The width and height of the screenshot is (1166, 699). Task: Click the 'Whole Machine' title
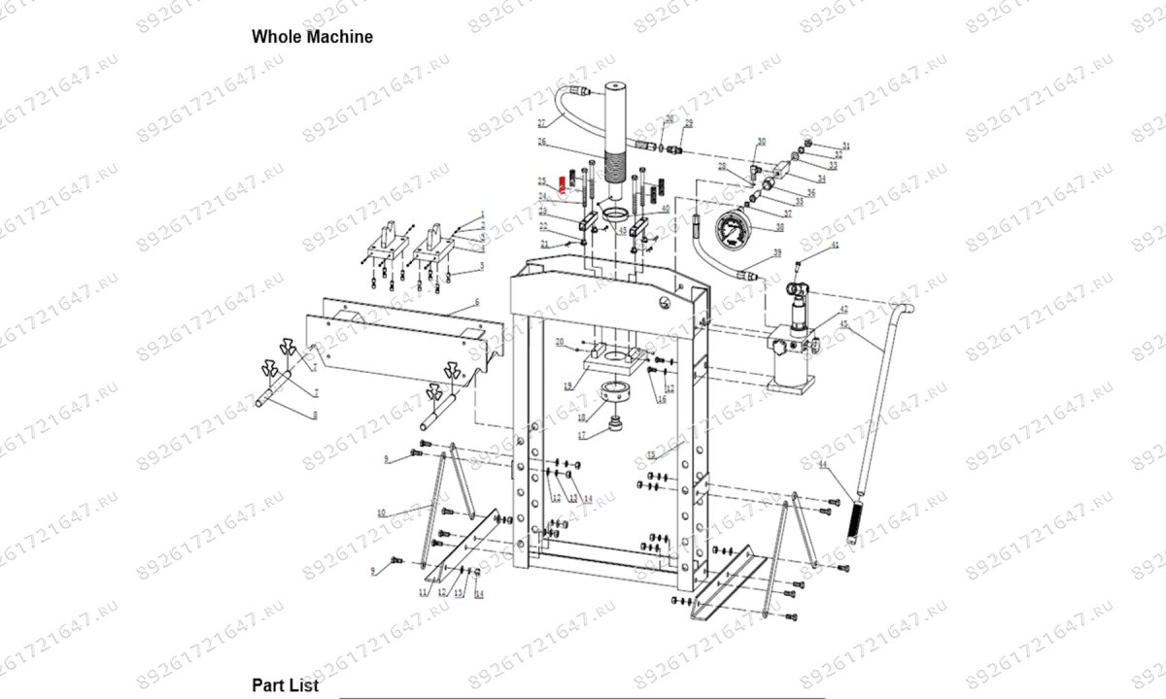tap(312, 37)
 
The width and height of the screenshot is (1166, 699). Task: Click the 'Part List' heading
tap(285, 685)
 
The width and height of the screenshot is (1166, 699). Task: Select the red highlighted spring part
tap(561, 184)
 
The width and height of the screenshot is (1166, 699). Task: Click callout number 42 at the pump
tap(843, 310)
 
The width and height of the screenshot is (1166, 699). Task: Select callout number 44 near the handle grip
tap(821, 466)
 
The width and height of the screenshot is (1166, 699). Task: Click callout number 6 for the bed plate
tap(477, 304)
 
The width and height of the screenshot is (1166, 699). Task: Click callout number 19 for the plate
tap(568, 385)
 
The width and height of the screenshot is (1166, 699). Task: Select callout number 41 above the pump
tap(833, 249)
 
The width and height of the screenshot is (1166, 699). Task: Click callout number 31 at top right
tap(845, 146)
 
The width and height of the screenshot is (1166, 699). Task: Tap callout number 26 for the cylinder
tap(542, 142)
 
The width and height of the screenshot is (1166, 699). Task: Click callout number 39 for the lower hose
tap(776, 252)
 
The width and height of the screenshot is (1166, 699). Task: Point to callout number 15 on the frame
tap(651, 455)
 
